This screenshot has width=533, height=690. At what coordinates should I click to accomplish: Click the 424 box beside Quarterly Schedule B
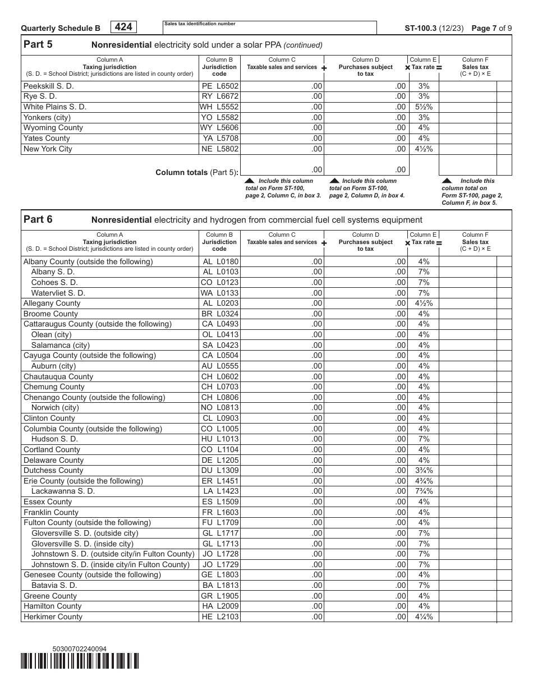pos(125,27)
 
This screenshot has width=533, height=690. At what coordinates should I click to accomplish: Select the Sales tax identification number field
pos(269,27)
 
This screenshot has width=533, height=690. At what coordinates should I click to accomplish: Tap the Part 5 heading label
pos(38,45)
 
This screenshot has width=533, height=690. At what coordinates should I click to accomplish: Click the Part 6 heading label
pos(38,219)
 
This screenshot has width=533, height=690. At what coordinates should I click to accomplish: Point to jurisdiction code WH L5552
pos(219,107)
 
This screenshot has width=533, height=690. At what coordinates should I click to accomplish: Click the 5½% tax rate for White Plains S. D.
pos(424,107)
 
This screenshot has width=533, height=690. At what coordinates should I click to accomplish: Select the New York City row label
pos(48,149)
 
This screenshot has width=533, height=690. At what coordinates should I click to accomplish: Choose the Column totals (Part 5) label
pos(196,172)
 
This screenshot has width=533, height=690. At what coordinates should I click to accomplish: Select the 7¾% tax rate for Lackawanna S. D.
pos(424,491)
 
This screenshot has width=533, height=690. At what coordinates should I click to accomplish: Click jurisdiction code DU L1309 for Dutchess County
pos(220,470)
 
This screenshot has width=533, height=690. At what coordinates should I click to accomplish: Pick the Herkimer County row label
pos(53,617)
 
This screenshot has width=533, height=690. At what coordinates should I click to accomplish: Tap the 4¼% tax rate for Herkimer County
pos(424,617)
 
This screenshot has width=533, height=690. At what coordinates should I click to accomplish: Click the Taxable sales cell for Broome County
pos(282,314)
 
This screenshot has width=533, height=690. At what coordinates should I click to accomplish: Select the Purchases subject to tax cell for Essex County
pos(366,502)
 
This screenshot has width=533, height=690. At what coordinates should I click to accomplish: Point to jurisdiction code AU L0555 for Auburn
pos(220,366)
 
